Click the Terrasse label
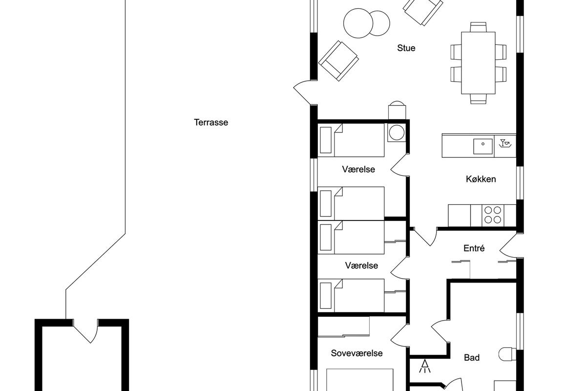tap(211, 122)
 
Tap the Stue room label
tap(406, 48)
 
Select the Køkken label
tap(481, 179)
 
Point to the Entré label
tap(474, 248)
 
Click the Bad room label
tap(472, 357)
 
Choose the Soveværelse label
tap(356, 353)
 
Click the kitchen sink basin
tap(482, 147)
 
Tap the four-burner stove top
tap(493, 215)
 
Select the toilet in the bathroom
tap(507, 354)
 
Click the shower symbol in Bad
tap(424, 366)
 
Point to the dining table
tap(478, 63)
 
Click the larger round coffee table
tap(358, 23)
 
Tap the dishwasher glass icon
tap(505, 143)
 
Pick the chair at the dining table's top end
tap(478, 27)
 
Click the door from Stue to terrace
tap(305, 92)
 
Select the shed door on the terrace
tap(86, 331)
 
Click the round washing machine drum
tap(397, 132)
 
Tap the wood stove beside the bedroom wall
tap(397, 110)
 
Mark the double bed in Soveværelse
tap(360, 380)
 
